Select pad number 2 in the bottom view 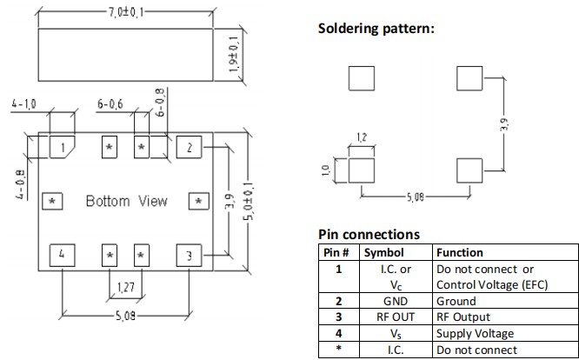189,147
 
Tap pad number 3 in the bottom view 189,256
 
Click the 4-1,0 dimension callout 25,105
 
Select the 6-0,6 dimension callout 110,105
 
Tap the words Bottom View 126,202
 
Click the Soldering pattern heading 376,29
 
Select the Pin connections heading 369,234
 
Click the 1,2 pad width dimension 362,137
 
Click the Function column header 461,252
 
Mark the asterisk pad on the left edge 52,202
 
